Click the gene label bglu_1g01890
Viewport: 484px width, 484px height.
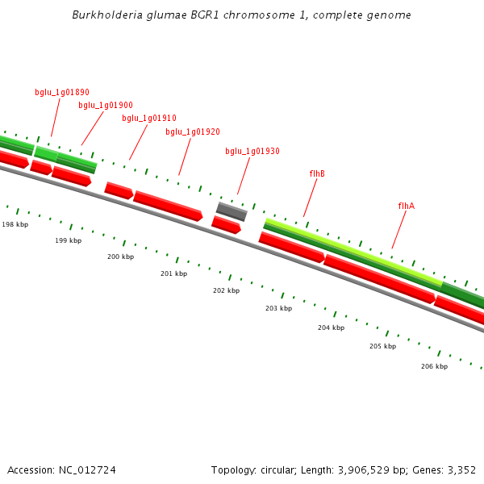coord(62,93)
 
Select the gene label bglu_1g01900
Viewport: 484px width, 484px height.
coord(106,105)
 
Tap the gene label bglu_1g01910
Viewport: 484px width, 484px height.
coord(149,118)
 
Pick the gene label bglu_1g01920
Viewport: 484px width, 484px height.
coord(193,131)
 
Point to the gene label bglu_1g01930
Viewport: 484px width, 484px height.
coord(252,151)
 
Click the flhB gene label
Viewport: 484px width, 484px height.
coord(317,173)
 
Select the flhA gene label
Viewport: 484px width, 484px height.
coord(407,206)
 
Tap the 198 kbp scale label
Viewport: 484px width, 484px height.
coord(15,224)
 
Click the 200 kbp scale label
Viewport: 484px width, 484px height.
coord(120,257)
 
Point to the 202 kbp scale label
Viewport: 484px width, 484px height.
coord(226,290)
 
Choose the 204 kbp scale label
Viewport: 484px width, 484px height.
coord(331,328)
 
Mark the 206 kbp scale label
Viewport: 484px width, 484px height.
coord(434,366)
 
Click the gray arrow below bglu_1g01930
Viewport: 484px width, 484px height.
coord(232,211)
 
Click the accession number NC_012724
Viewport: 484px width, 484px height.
coord(88,469)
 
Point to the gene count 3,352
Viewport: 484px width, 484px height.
coord(461,469)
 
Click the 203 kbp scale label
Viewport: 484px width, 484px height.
coord(278,308)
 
